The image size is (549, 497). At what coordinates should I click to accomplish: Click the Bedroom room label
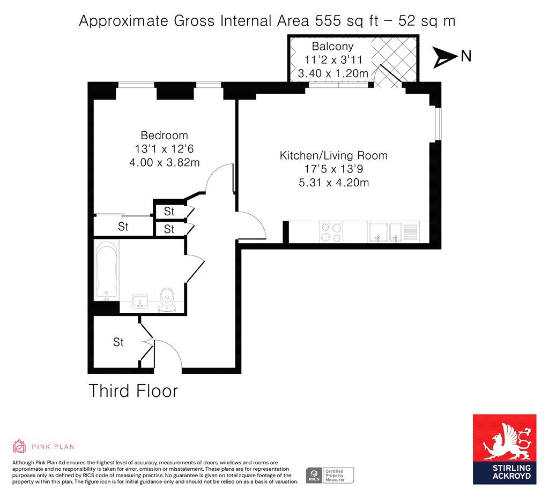point(164,135)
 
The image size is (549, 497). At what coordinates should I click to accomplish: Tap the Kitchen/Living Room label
point(333,155)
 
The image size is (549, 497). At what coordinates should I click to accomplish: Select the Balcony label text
point(332,46)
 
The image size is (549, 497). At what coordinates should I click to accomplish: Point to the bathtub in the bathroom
point(107,271)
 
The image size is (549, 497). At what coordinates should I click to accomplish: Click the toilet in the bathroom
point(167,300)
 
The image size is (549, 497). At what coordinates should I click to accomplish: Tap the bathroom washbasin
point(140,302)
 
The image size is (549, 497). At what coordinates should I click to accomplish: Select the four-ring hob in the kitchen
point(331,232)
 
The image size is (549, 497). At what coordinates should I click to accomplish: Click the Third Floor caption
point(133,390)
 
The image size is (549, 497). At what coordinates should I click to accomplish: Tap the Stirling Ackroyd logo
point(505,449)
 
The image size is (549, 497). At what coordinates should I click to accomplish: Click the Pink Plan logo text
point(53,447)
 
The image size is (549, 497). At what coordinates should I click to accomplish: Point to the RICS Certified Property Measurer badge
point(330,476)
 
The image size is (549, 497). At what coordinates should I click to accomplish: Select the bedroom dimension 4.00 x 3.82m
point(165,162)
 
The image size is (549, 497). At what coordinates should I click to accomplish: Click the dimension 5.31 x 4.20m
point(333,183)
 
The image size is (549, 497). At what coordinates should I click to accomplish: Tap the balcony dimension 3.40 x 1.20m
point(333,73)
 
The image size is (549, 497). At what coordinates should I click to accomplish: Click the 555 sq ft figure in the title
point(347,21)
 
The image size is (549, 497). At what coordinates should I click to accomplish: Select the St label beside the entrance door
point(118,342)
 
